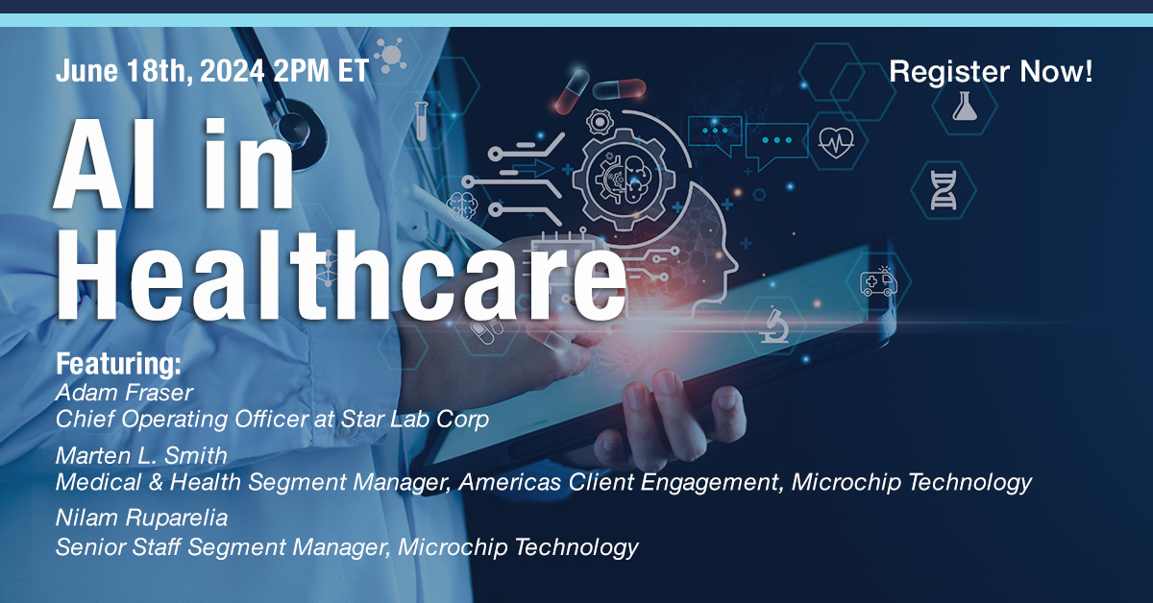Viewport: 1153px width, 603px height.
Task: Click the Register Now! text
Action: pyautogui.click(x=991, y=72)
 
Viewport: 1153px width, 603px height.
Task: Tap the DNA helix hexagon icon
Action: pyautogui.click(x=943, y=188)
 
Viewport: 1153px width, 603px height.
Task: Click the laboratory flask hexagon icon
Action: pyautogui.click(x=964, y=107)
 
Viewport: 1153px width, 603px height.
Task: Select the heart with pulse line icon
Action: pyautogui.click(x=835, y=144)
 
